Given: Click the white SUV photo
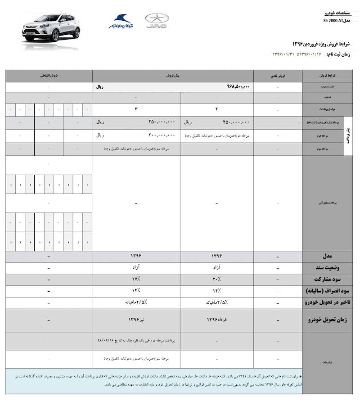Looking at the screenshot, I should (x=51, y=31).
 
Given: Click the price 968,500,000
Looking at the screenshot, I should (x=238, y=86).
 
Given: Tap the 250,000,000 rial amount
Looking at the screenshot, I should (x=155, y=122).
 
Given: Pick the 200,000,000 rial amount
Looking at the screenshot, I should (x=155, y=135).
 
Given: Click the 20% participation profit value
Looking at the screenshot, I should (x=216, y=279).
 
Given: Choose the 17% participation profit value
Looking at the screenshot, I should (x=136, y=279).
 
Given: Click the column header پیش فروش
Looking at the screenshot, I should (x=173, y=76).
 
